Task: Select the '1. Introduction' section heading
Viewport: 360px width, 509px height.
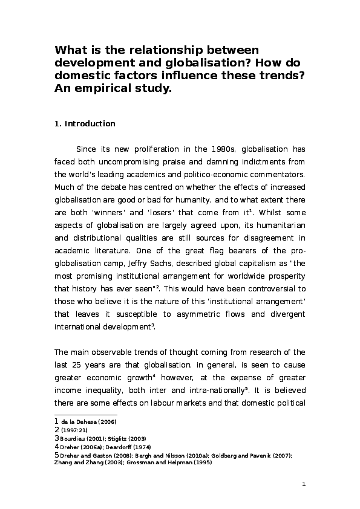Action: pos(85,124)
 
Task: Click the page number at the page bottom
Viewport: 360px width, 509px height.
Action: pos(304,484)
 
